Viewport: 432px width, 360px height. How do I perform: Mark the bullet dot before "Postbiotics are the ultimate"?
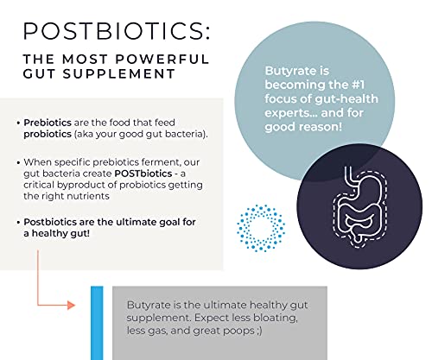pyautogui.click(x=19, y=223)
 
